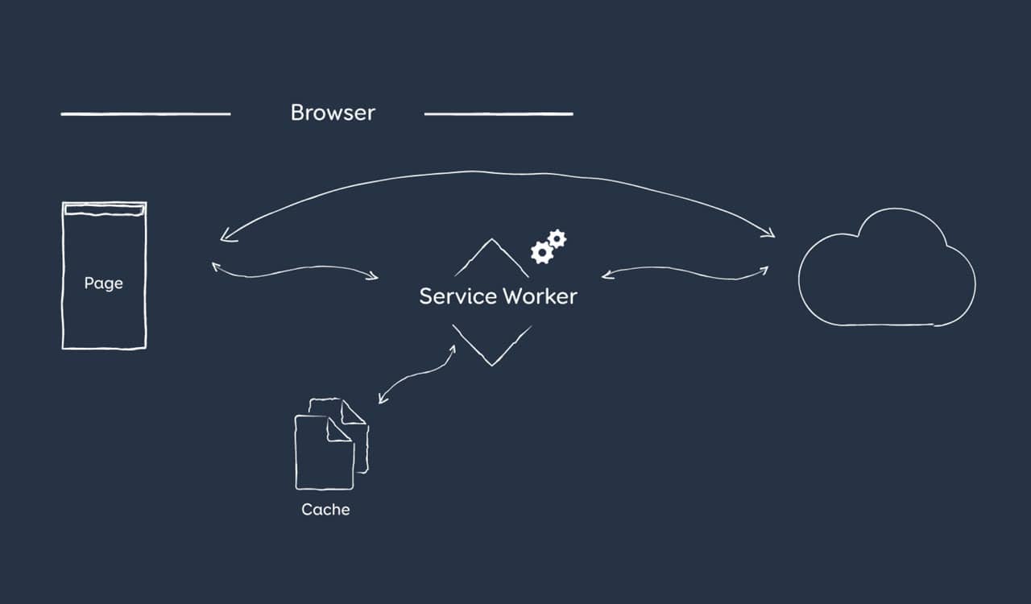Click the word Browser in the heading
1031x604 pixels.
pyautogui.click(x=333, y=113)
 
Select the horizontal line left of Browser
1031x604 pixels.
pyautogui.click(x=146, y=114)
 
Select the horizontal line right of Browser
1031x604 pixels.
pyautogui.click(x=499, y=114)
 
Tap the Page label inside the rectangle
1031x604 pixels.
pyautogui.click(x=104, y=283)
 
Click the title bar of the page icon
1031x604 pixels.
pyautogui.click(x=105, y=211)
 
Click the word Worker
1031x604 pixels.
pyautogui.click(x=540, y=296)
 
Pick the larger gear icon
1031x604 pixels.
pyautogui.click(x=542, y=253)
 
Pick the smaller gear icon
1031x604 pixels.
pyautogui.click(x=557, y=238)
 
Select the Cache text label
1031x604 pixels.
pyautogui.click(x=325, y=510)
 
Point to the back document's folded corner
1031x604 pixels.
pyautogui.click(x=354, y=412)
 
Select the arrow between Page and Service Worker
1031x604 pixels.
pyautogui.click(x=294, y=271)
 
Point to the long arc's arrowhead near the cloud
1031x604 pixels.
pyautogui.click(x=770, y=234)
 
